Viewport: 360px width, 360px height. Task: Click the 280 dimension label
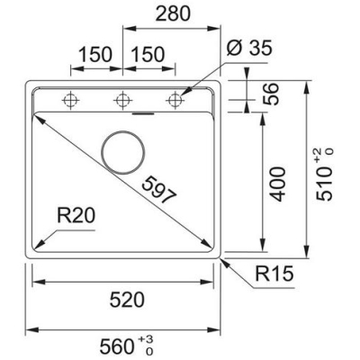tap(173, 13)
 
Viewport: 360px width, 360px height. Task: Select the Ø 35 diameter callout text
tap(249, 48)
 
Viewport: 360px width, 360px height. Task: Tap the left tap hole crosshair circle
tap(70, 100)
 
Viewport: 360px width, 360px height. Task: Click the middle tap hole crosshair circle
tap(123, 100)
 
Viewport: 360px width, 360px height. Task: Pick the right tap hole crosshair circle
tap(175, 100)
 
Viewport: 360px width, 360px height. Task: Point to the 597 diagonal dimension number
tap(158, 190)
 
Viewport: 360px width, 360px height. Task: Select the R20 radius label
tap(76, 216)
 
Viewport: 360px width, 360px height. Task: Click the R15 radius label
tap(274, 274)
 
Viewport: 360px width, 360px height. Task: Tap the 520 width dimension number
tap(127, 300)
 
